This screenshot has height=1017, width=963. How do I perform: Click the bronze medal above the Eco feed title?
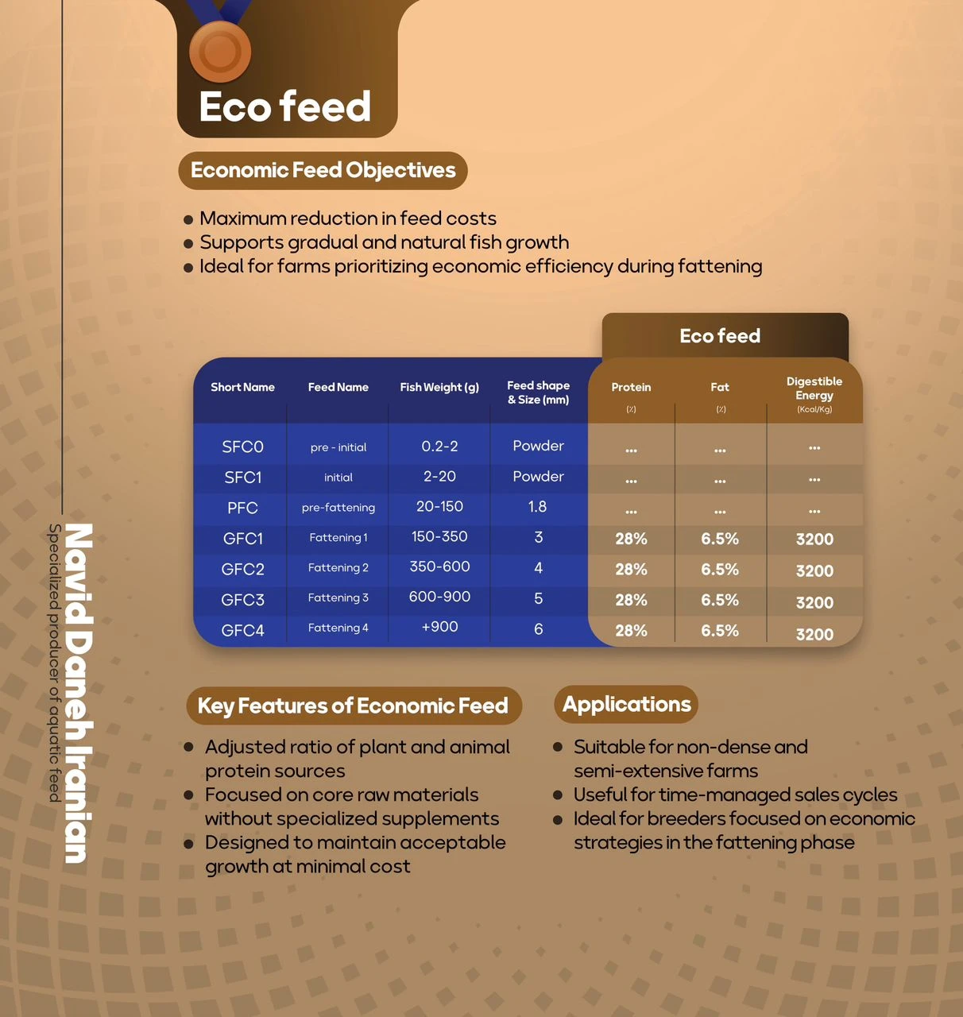[x=220, y=51]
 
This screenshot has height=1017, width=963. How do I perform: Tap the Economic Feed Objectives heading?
[x=323, y=171]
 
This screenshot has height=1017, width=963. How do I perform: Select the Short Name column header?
[x=242, y=388]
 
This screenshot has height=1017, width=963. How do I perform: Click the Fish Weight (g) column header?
[x=439, y=388]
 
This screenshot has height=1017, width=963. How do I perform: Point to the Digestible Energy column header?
[x=814, y=389]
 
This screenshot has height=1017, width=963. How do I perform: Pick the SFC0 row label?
[x=242, y=447]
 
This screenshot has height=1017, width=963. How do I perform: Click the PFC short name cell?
[x=242, y=508]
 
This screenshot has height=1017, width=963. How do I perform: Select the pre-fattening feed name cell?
[x=338, y=508]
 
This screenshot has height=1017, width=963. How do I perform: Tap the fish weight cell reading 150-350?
[x=439, y=537]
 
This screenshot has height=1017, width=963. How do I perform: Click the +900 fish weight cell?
[x=439, y=627]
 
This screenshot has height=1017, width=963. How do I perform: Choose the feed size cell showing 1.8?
[x=538, y=507]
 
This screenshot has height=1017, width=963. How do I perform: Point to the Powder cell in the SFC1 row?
[x=538, y=477]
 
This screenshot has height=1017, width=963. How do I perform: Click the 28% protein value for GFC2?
[x=631, y=570]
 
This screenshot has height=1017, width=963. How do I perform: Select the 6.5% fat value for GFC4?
[x=720, y=631]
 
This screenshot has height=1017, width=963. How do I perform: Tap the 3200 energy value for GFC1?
[x=814, y=539]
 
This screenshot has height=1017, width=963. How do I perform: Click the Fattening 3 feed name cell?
[x=338, y=597]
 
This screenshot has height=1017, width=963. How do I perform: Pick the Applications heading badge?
[x=626, y=705]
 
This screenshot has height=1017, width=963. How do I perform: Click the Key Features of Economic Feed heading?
[x=353, y=706]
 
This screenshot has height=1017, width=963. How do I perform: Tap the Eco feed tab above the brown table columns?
[x=720, y=336]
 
